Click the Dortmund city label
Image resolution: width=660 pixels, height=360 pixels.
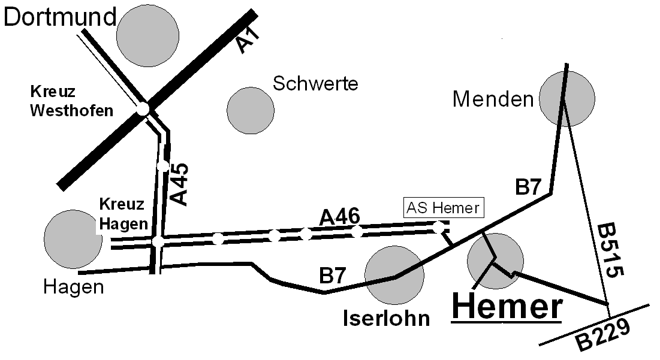(x=59, y=17)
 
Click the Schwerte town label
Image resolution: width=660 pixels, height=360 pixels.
(x=315, y=83)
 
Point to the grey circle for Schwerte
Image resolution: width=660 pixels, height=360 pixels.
(x=251, y=110)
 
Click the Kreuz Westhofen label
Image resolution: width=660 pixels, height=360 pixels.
(x=71, y=102)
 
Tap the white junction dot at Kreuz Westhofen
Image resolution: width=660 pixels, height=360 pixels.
(x=143, y=109)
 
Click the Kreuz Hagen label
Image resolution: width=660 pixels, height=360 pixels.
(x=122, y=214)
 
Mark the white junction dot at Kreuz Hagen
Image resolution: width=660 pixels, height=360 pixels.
(x=158, y=241)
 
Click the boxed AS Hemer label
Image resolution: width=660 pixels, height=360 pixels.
(x=443, y=208)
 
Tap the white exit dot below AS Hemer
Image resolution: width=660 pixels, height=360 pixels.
(x=439, y=227)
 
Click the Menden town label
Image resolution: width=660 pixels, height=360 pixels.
(x=493, y=99)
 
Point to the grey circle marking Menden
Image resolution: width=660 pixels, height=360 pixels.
(x=566, y=98)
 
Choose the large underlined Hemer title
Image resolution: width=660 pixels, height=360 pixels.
(x=507, y=307)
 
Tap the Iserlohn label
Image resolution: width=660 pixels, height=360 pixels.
(x=387, y=317)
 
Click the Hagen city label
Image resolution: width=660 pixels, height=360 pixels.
(x=74, y=288)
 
